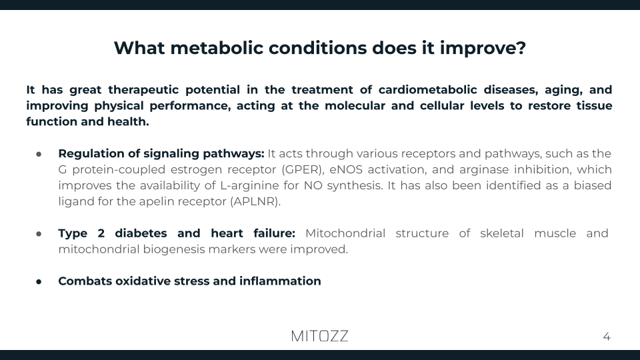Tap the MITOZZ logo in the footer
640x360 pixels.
point(319,336)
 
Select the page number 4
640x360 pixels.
point(607,337)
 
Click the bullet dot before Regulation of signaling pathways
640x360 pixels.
point(39,153)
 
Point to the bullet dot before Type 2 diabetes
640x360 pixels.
point(39,233)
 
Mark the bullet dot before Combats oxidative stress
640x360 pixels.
point(39,281)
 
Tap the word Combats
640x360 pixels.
point(85,281)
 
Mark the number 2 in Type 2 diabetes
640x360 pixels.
point(107,233)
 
